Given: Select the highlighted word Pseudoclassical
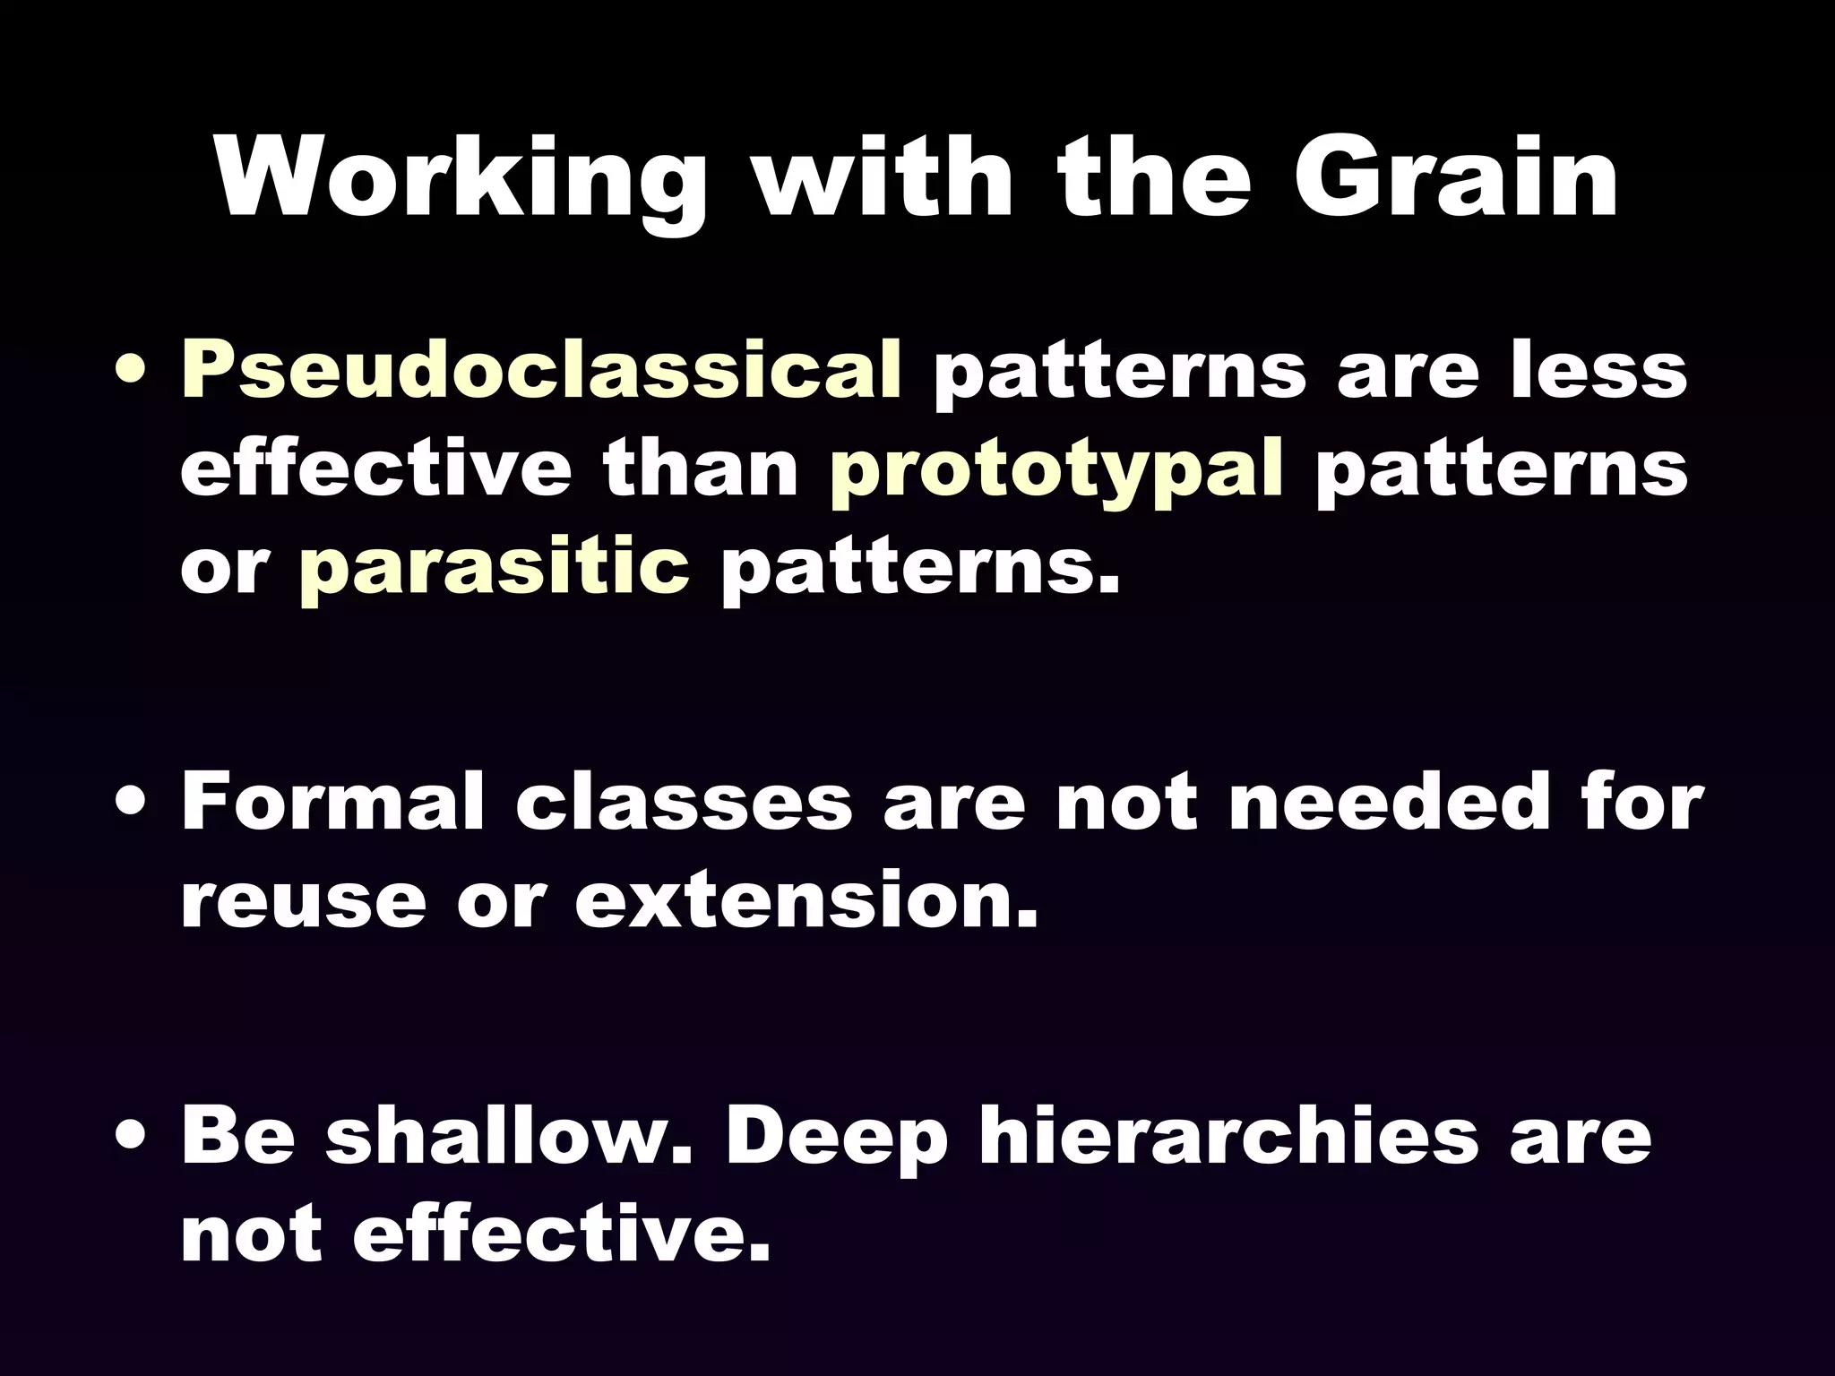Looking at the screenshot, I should pyautogui.click(x=541, y=371).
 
